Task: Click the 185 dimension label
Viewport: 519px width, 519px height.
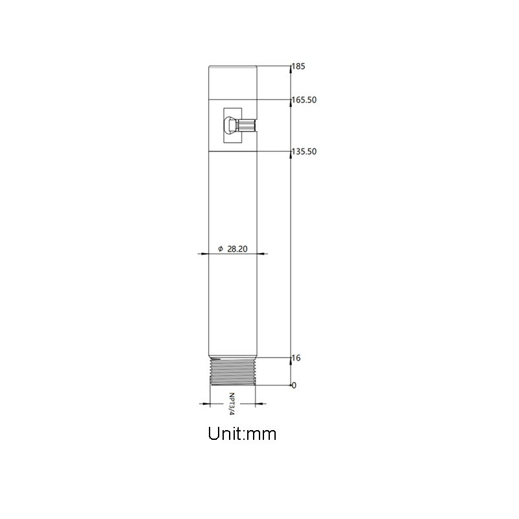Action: coord(298,66)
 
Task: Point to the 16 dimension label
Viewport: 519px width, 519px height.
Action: coord(296,358)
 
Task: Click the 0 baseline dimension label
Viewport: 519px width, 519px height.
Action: coord(294,385)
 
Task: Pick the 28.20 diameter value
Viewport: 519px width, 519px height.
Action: coord(238,248)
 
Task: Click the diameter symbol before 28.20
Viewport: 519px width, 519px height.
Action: coord(221,249)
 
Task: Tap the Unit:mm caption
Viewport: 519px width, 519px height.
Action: coord(243,433)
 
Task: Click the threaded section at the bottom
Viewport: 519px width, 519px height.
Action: coord(233,372)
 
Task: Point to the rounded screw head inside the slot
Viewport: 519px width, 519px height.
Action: coord(230,124)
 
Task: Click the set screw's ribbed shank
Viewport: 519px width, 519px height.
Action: coord(247,124)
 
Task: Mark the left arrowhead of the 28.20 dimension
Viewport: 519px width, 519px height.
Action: coord(204,254)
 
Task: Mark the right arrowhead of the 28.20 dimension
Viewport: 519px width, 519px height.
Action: coord(260,254)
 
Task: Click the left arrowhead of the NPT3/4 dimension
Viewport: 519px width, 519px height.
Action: coord(207,404)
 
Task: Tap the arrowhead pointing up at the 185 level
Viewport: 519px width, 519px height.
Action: coord(290,69)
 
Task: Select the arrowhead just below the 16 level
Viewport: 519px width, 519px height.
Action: coord(290,361)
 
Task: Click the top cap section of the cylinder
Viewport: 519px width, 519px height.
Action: coord(233,82)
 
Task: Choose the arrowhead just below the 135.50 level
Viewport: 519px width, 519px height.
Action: coord(290,156)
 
